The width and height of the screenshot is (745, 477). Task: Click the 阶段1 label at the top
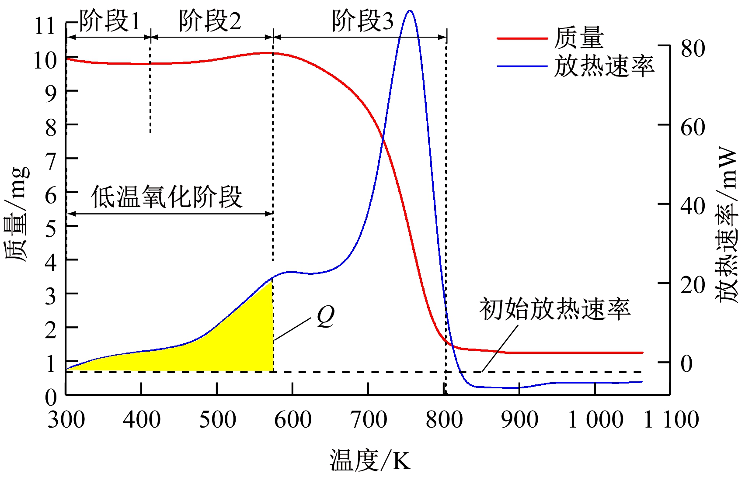(110, 21)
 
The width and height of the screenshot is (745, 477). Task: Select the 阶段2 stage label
(210, 21)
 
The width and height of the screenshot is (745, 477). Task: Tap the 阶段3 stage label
(362, 21)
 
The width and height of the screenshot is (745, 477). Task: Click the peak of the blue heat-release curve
(409, 11)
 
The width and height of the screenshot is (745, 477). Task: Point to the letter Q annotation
(325, 316)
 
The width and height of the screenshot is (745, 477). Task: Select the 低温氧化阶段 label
(167, 197)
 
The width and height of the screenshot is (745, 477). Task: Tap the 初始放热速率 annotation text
(555, 309)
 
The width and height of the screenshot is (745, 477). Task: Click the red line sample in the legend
(522, 38)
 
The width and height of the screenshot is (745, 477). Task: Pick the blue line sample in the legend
(522, 66)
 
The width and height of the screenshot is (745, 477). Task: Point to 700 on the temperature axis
(369, 420)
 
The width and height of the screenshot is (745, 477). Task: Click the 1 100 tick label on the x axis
(672, 420)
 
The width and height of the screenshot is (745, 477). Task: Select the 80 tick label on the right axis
(693, 48)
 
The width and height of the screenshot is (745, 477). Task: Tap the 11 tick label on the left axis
(45, 26)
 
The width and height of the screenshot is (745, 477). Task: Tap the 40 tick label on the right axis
(693, 206)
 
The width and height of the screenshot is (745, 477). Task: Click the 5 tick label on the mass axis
(51, 228)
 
